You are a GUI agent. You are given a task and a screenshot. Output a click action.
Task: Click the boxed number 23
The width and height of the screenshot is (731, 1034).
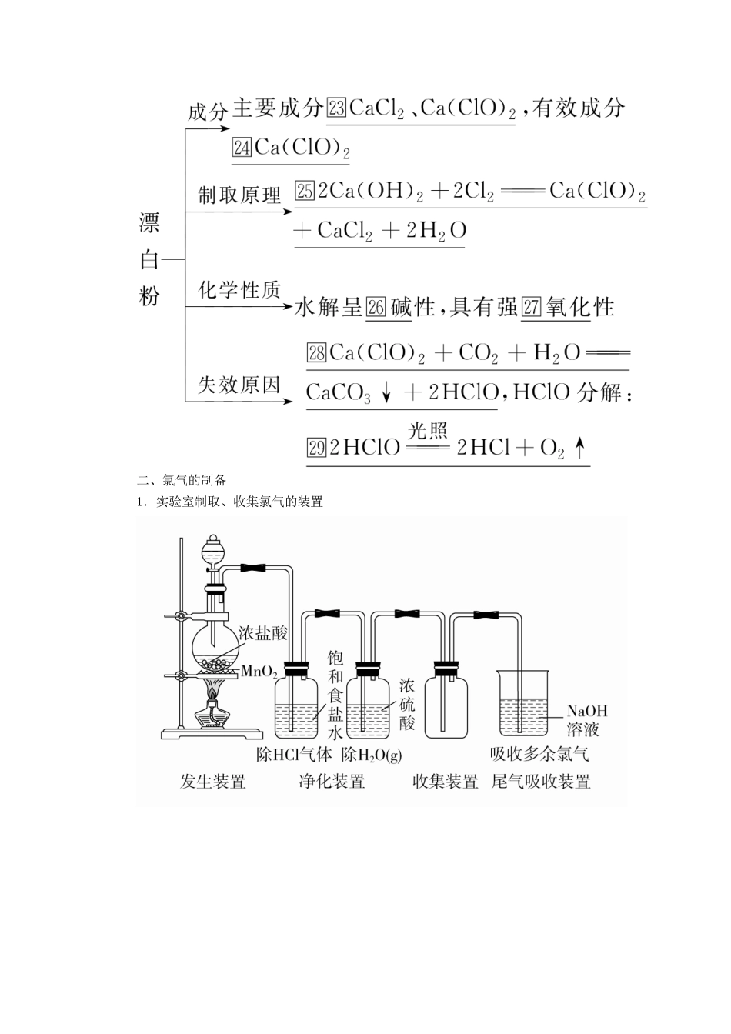[x=336, y=108]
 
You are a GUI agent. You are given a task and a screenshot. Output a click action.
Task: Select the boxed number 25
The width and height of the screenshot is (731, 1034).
[x=305, y=191]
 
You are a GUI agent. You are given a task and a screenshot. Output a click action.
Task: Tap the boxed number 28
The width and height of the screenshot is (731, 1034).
[x=317, y=352]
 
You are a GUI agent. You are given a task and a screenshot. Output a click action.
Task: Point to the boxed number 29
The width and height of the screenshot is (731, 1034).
[x=317, y=447]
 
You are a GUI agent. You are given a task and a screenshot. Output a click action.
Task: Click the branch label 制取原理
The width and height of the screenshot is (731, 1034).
[x=239, y=195]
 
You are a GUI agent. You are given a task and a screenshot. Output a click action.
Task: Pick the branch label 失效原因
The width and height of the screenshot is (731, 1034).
[x=239, y=385]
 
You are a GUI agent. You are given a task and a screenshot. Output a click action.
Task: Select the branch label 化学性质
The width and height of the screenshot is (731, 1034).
[x=239, y=290]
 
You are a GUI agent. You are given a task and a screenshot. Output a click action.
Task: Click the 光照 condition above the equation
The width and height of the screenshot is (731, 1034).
[x=428, y=430]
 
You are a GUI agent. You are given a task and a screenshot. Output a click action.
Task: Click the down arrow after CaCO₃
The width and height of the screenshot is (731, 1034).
[x=386, y=393]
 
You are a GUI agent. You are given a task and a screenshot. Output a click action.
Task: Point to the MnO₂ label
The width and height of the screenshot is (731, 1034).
[x=259, y=671]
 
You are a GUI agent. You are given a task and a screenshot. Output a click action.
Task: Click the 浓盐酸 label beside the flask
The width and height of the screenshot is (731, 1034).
[x=262, y=633]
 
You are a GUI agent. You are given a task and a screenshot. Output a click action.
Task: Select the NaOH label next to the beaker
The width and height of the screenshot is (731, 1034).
[x=587, y=711]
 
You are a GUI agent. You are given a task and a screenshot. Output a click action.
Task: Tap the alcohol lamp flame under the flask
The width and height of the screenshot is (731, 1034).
[x=212, y=692]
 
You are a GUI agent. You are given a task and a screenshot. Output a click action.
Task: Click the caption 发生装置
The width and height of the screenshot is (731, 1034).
[x=213, y=782]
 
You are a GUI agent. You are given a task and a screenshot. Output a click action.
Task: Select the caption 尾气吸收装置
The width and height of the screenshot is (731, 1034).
[x=541, y=782]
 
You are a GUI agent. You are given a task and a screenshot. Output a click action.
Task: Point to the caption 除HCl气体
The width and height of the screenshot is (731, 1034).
[x=294, y=755]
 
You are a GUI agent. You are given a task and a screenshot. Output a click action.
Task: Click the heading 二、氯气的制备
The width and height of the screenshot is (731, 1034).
[x=181, y=481]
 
